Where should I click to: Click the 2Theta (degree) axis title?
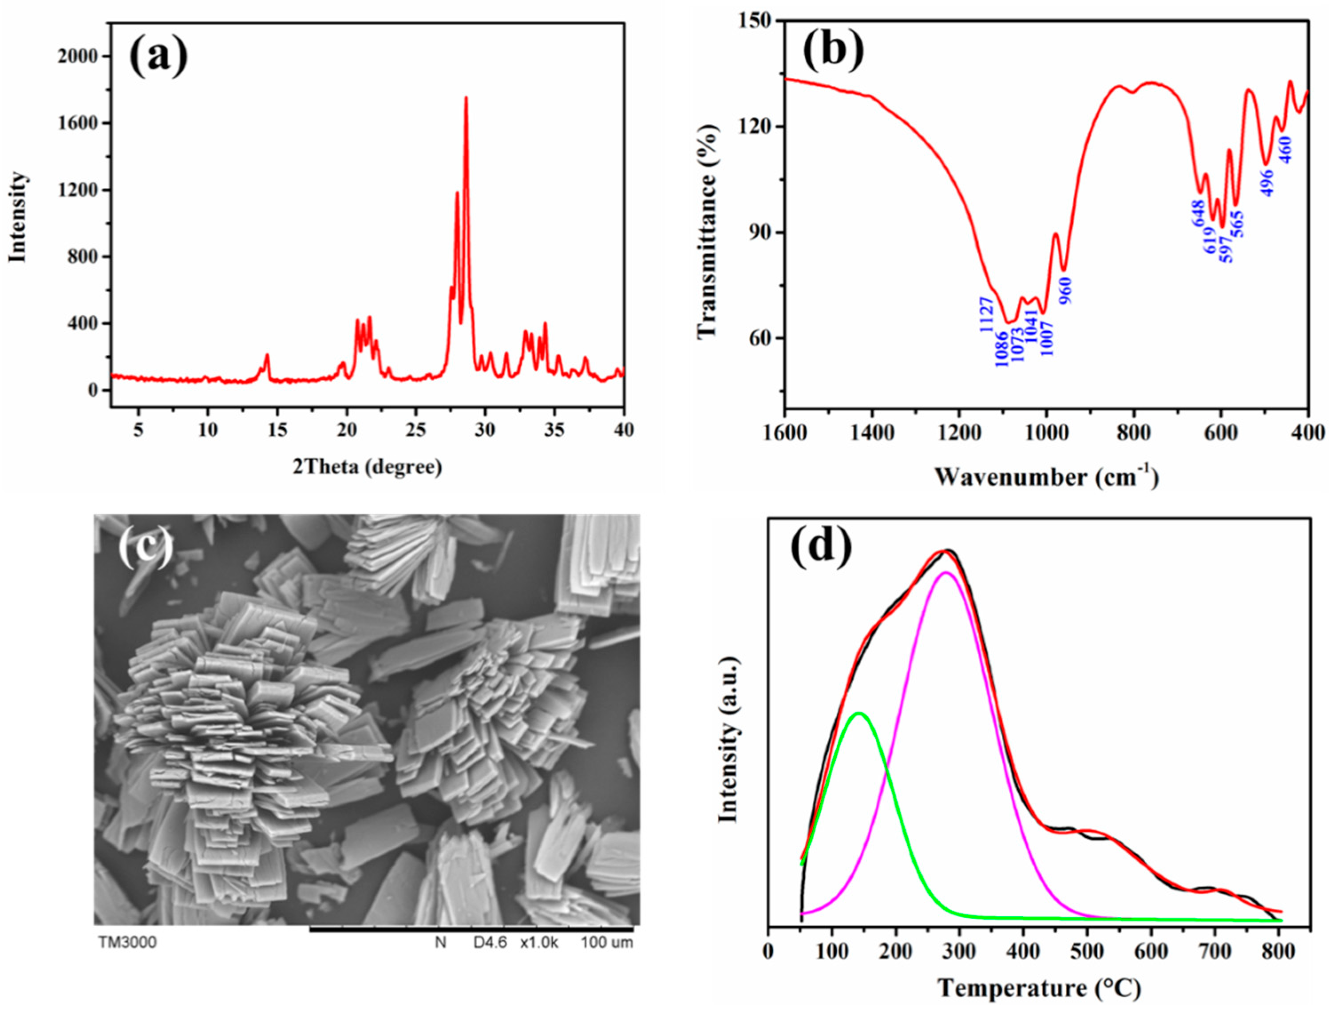pos(368,467)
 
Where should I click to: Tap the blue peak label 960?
pos(1066,291)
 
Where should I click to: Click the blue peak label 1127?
pos(986,314)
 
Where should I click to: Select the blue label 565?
pos(1238,225)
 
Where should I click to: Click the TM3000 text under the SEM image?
pos(127,943)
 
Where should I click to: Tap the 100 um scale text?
pos(606,943)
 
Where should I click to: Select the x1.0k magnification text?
pos(539,943)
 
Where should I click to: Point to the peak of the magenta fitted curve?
pos(946,573)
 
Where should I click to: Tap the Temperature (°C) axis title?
pos(1039,988)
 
